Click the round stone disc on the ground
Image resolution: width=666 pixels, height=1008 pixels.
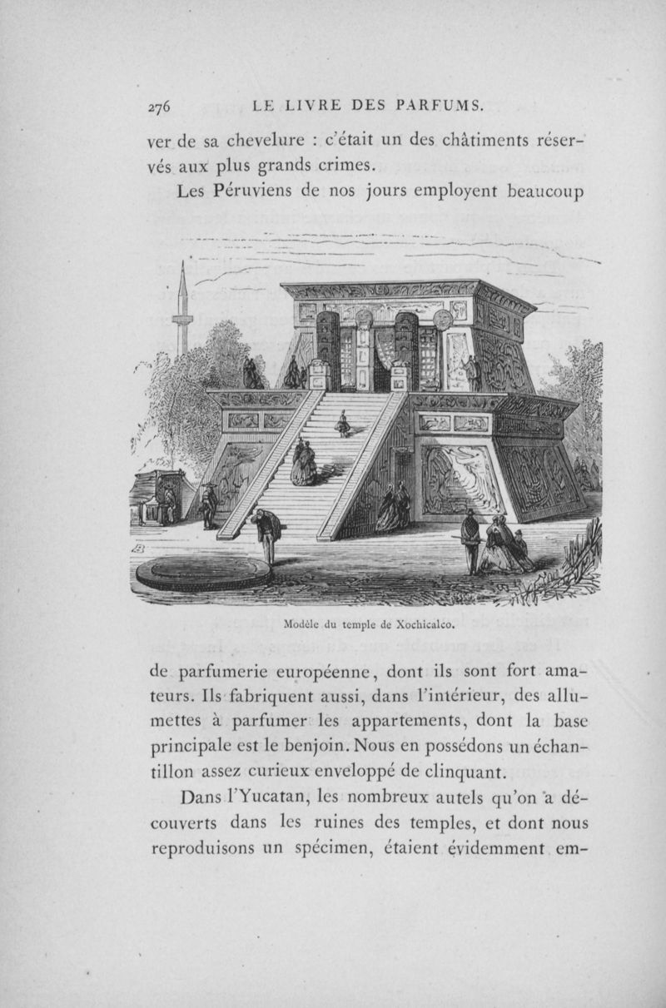point(204,573)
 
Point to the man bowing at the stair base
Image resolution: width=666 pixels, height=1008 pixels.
point(266,534)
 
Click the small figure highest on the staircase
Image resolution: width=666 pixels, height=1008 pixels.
point(342,424)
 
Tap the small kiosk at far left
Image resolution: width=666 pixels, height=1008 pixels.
point(158,497)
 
